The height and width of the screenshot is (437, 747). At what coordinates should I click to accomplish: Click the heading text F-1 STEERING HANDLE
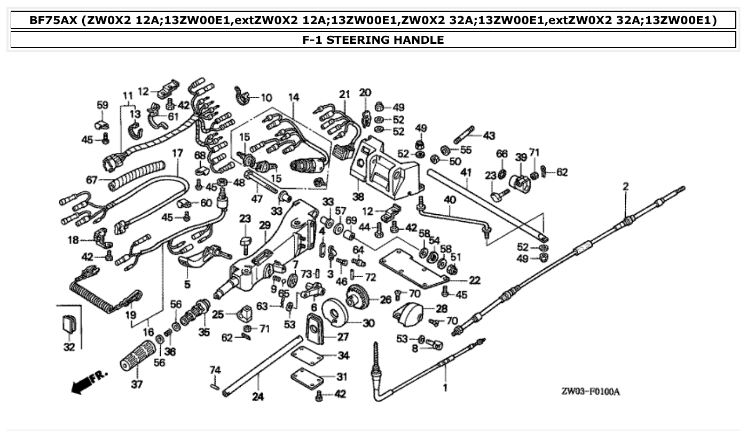click(x=373, y=40)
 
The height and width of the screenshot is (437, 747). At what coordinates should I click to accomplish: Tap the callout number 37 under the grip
click(x=137, y=384)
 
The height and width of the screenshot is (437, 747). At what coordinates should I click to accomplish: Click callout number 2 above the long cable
click(x=625, y=187)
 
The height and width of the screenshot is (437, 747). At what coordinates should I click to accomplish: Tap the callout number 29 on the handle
click(x=264, y=226)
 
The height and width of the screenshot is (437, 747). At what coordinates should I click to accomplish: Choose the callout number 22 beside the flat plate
click(x=474, y=280)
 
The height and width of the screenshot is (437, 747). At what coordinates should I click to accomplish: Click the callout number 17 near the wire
click(x=177, y=153)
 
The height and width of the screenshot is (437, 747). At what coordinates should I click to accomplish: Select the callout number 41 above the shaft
click(x=466, y=172)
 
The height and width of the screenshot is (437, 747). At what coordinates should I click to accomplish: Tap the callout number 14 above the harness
click(x=294, y=97)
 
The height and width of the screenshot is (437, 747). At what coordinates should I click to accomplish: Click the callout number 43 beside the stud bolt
click(x=489, y=136)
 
